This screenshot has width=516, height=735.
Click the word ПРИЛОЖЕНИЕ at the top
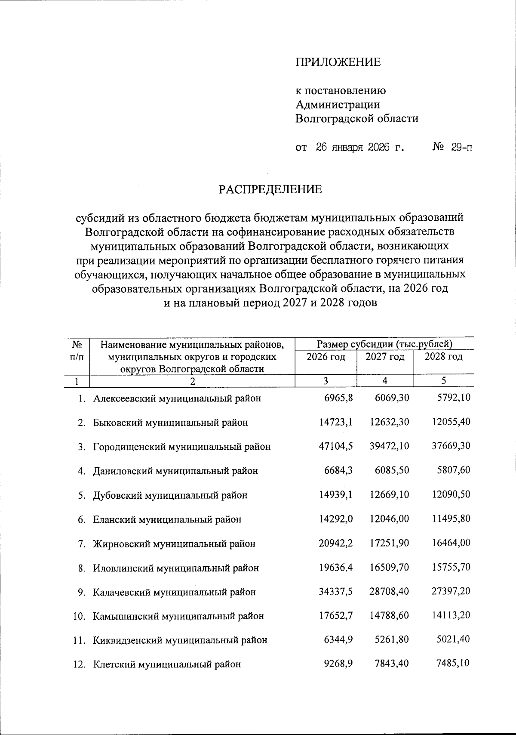pos(338,62)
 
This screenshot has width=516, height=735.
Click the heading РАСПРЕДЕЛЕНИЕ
pos(270,190)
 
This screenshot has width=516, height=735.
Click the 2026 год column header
pos(326,357)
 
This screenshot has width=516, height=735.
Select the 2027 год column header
pos(384,357)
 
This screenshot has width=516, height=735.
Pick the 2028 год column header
pos(443,357)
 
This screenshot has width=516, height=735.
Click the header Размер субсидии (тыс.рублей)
pos(384,344)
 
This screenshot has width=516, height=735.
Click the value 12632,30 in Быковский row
pos(389,422)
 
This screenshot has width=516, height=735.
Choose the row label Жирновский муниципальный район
pos(174,544)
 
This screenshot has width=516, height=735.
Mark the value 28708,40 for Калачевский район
pos(389,592)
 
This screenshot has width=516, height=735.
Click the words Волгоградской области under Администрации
pos(356,118)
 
